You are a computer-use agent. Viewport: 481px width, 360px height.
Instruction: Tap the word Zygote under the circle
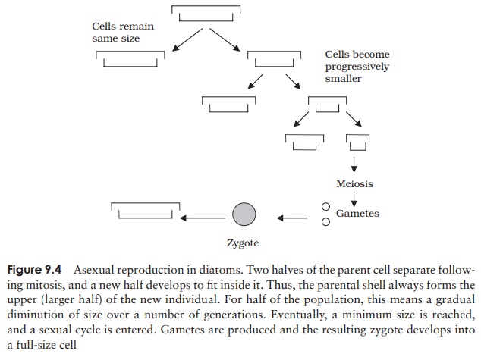tap(243, 244)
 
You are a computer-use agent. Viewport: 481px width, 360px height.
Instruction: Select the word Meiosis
tap(354, 183)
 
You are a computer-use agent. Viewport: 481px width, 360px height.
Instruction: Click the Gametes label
tap(357, 214)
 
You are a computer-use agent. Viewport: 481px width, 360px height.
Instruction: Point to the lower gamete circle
tap(325, 222)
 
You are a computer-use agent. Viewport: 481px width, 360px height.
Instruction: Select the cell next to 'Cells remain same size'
tap(130, 58)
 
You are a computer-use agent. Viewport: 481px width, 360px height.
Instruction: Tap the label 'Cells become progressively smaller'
tap(357, 67)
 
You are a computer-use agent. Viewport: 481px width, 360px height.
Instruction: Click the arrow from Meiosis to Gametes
tap(354, 199)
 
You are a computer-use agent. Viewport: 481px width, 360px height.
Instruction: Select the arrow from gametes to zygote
tap(291, 218)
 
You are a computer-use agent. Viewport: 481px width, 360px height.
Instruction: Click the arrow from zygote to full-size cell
tap(203, 218)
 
